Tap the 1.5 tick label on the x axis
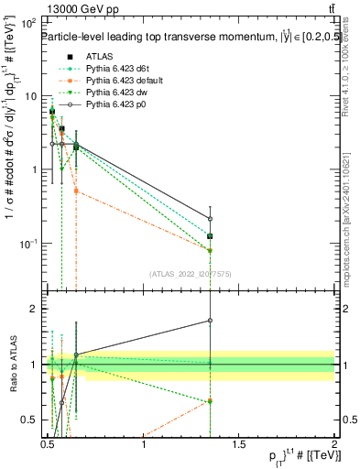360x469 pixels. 239,446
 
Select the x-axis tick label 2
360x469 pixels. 334,446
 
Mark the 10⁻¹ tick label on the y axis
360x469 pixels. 27,243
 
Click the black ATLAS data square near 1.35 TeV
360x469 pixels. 211,236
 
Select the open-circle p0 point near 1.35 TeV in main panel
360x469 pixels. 211,219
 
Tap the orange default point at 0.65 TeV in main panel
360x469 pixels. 76,191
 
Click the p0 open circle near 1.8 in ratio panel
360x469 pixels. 211,321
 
